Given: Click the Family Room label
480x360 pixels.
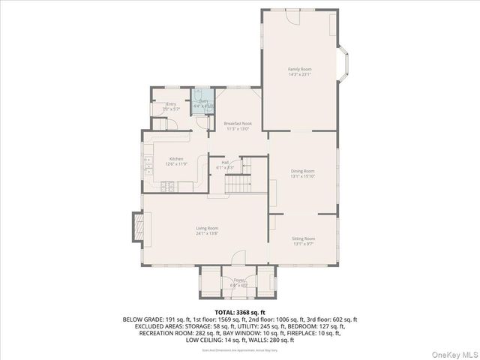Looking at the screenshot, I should tap(299, 69).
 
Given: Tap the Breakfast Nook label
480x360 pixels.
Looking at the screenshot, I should tap(237, 123).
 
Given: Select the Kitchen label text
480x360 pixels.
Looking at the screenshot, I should tap(176, 158).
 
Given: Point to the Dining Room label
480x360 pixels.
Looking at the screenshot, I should tap(302, 171).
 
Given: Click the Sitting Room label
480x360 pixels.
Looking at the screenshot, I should tap(303, 238).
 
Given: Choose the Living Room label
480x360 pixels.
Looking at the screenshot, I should tap(207, 228).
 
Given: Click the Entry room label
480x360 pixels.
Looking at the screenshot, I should tap(171, 104).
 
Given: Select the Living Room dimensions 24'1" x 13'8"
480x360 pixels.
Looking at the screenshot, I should tap(207, 233).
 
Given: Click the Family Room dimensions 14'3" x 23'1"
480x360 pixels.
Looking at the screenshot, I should tap(299, 74).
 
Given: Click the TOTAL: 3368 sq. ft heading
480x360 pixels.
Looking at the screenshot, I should tap(239, 311).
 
